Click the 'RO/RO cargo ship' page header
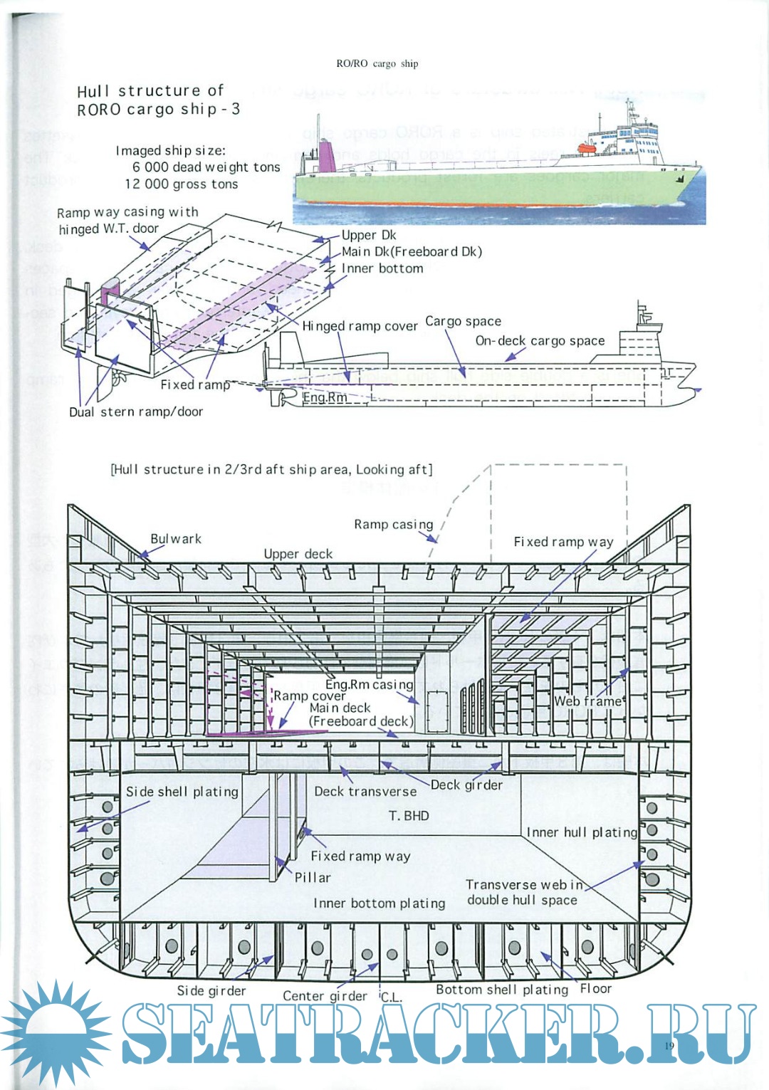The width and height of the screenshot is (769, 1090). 377,63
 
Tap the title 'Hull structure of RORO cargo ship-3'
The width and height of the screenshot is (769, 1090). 157,100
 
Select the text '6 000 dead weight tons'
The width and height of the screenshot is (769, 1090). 206,167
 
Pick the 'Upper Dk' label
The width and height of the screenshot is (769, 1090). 368,236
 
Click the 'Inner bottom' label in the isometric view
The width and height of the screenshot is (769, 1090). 382,268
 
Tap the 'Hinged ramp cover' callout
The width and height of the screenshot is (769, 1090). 360,326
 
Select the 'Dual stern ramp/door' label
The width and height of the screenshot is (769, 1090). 135,412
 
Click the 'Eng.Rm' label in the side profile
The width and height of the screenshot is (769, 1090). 325,397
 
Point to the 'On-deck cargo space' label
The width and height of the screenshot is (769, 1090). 540,341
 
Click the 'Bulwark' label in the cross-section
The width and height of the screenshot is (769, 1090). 176,539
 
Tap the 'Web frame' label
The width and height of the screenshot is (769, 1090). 588,701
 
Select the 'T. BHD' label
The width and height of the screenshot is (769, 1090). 409,816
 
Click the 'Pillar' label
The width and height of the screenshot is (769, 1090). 313,878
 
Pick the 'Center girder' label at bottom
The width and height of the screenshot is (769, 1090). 325,996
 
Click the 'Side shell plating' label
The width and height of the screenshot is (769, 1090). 182,792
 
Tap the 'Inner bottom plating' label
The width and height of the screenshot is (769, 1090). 379,903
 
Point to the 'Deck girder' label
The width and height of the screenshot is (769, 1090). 466,785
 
